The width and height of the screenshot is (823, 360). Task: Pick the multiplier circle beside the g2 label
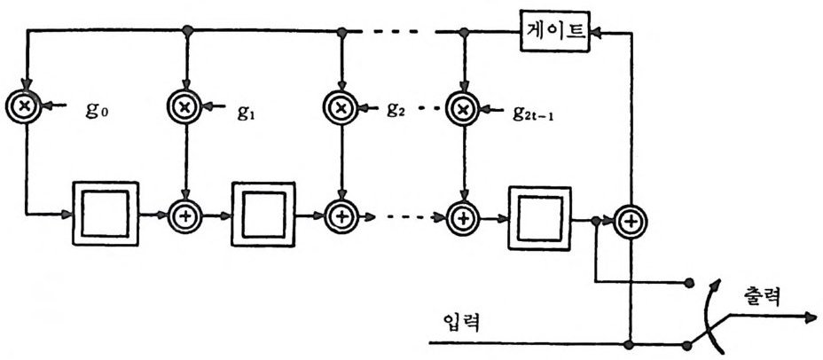click(341, 107)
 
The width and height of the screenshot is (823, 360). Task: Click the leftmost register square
click(106, 215)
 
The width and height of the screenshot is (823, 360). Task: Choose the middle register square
click(263, 215)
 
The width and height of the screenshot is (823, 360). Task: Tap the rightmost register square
click(538, 216)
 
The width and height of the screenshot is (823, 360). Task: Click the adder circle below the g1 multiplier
click(184, 215)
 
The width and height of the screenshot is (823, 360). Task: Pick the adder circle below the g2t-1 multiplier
click(462, 216)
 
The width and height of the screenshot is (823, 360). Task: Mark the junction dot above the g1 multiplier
click(185, 31)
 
